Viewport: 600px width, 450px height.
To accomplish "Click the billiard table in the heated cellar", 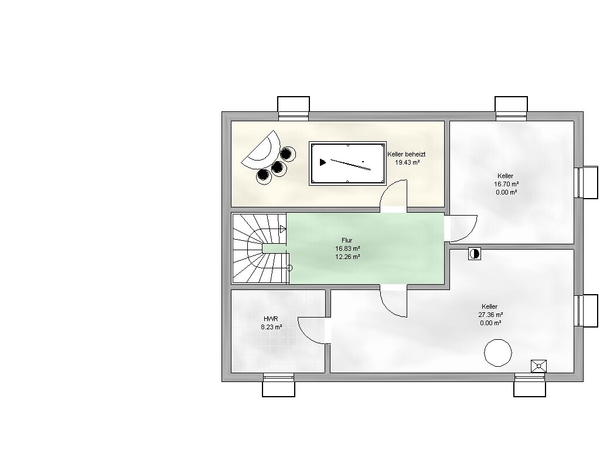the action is click(x=347, y=163).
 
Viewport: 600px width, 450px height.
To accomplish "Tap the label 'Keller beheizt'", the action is click(x=407, y=154).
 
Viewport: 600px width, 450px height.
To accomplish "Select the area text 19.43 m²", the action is click(x=407, y=162).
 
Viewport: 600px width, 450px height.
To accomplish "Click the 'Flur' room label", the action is click(x=347, y=240).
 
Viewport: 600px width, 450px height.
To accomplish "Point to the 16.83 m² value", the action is click(x=347, y=248).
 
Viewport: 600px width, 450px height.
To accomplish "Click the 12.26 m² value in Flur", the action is click(x=347, y=257).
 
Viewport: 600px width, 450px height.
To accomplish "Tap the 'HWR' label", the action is click(x=271, y=319).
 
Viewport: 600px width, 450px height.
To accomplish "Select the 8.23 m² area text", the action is click(x=271, y=327).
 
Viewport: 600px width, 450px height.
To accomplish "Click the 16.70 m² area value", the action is click(x=506, y=184).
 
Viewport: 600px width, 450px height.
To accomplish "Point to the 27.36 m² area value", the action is click(x=490, y=315).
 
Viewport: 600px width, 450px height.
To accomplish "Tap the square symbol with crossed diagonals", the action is click(x=539, y=366).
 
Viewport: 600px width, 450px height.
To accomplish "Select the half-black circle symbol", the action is click(x=475, y=254).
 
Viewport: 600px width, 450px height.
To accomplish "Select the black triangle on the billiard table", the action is click(x=323, y=162).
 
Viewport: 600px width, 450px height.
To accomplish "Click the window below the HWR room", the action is click(x=278, y=385).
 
